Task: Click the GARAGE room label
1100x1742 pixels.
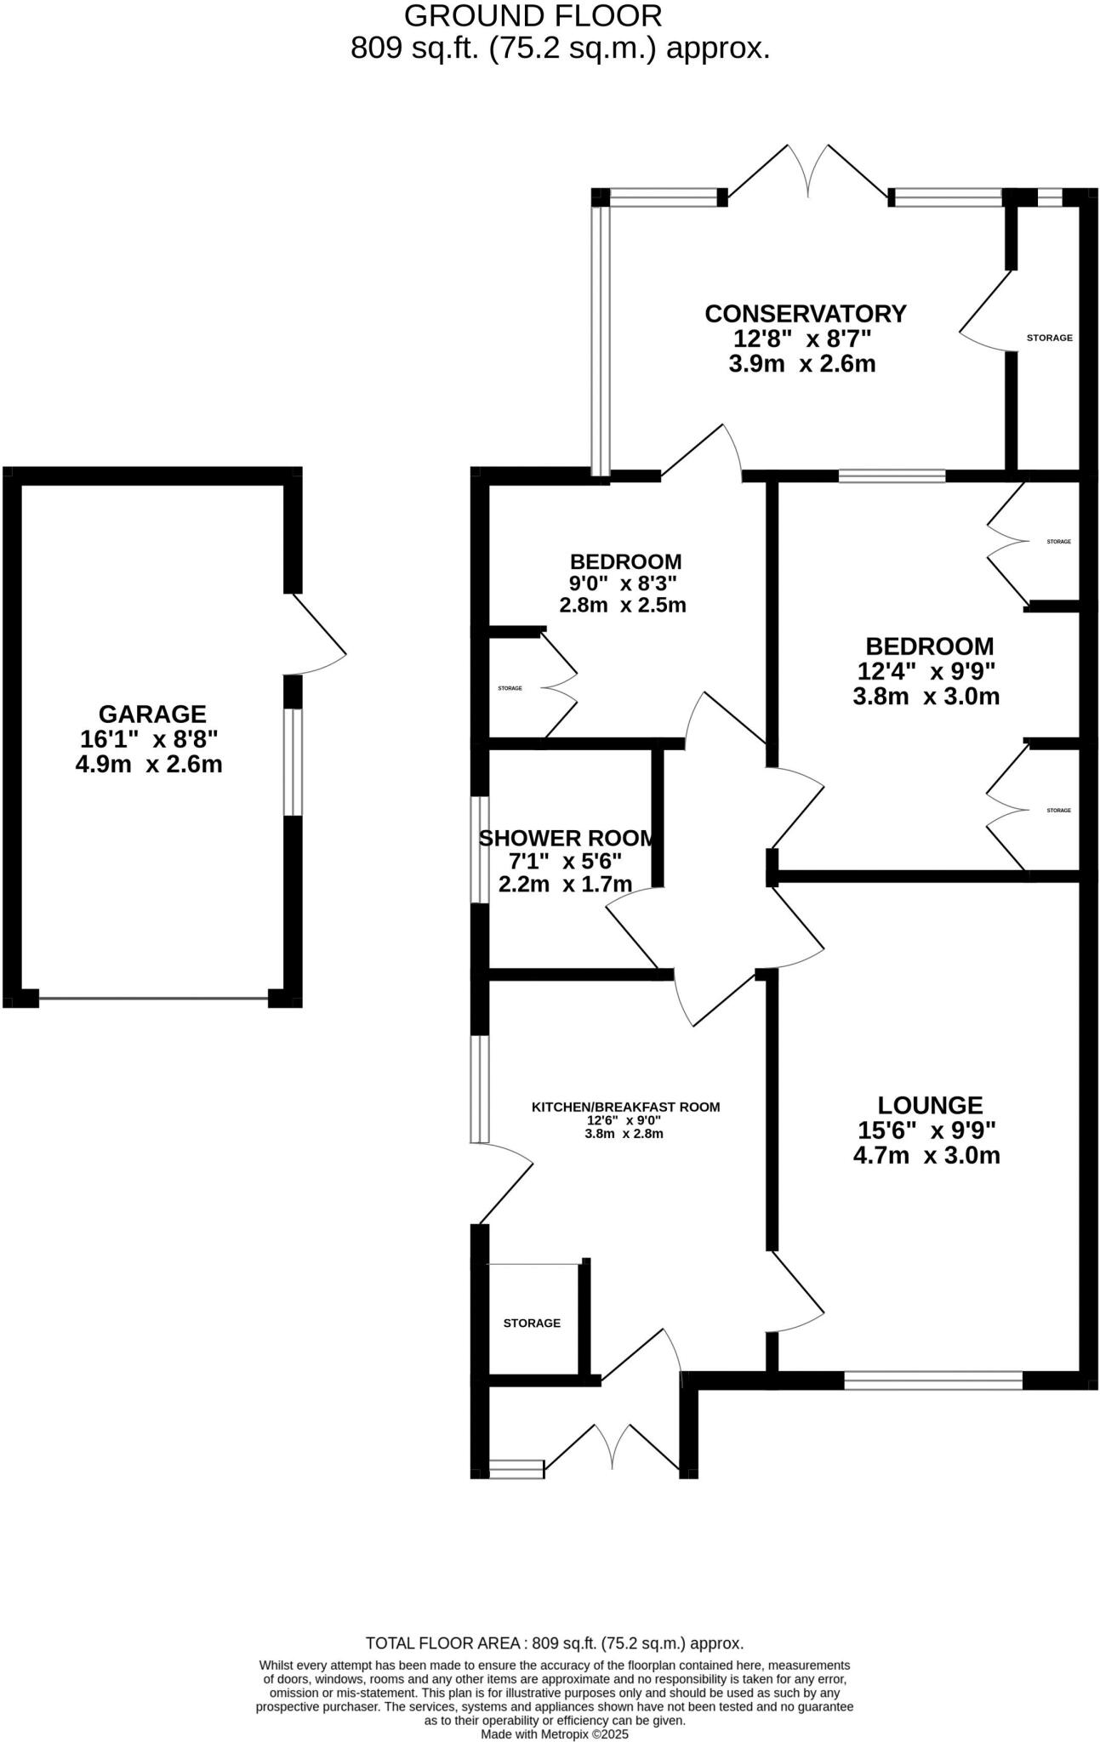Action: pos(152,714)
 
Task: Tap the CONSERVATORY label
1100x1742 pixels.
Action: pos(806,314)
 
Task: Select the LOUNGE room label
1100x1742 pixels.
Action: pos(930,1105)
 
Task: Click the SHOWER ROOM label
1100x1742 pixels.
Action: pos(568,839)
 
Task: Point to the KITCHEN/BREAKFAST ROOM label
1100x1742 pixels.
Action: pos(625,1107)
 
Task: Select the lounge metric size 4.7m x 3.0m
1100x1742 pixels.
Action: pos(926,1155)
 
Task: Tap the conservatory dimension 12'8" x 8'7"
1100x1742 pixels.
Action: pos(803,339)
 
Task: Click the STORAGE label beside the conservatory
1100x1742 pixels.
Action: pos(1049,338)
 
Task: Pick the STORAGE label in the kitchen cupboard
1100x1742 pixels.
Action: pos(532,1323)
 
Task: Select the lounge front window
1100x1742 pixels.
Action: pos(932,1380)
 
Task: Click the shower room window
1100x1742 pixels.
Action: pos(481,849)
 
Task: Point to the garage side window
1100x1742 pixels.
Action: pos(293,761)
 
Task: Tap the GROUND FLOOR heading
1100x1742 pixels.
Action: pos(533,16)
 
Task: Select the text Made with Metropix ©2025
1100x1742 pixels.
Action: pos(554,1733)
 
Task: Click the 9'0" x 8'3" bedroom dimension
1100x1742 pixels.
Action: pos(623,584)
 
